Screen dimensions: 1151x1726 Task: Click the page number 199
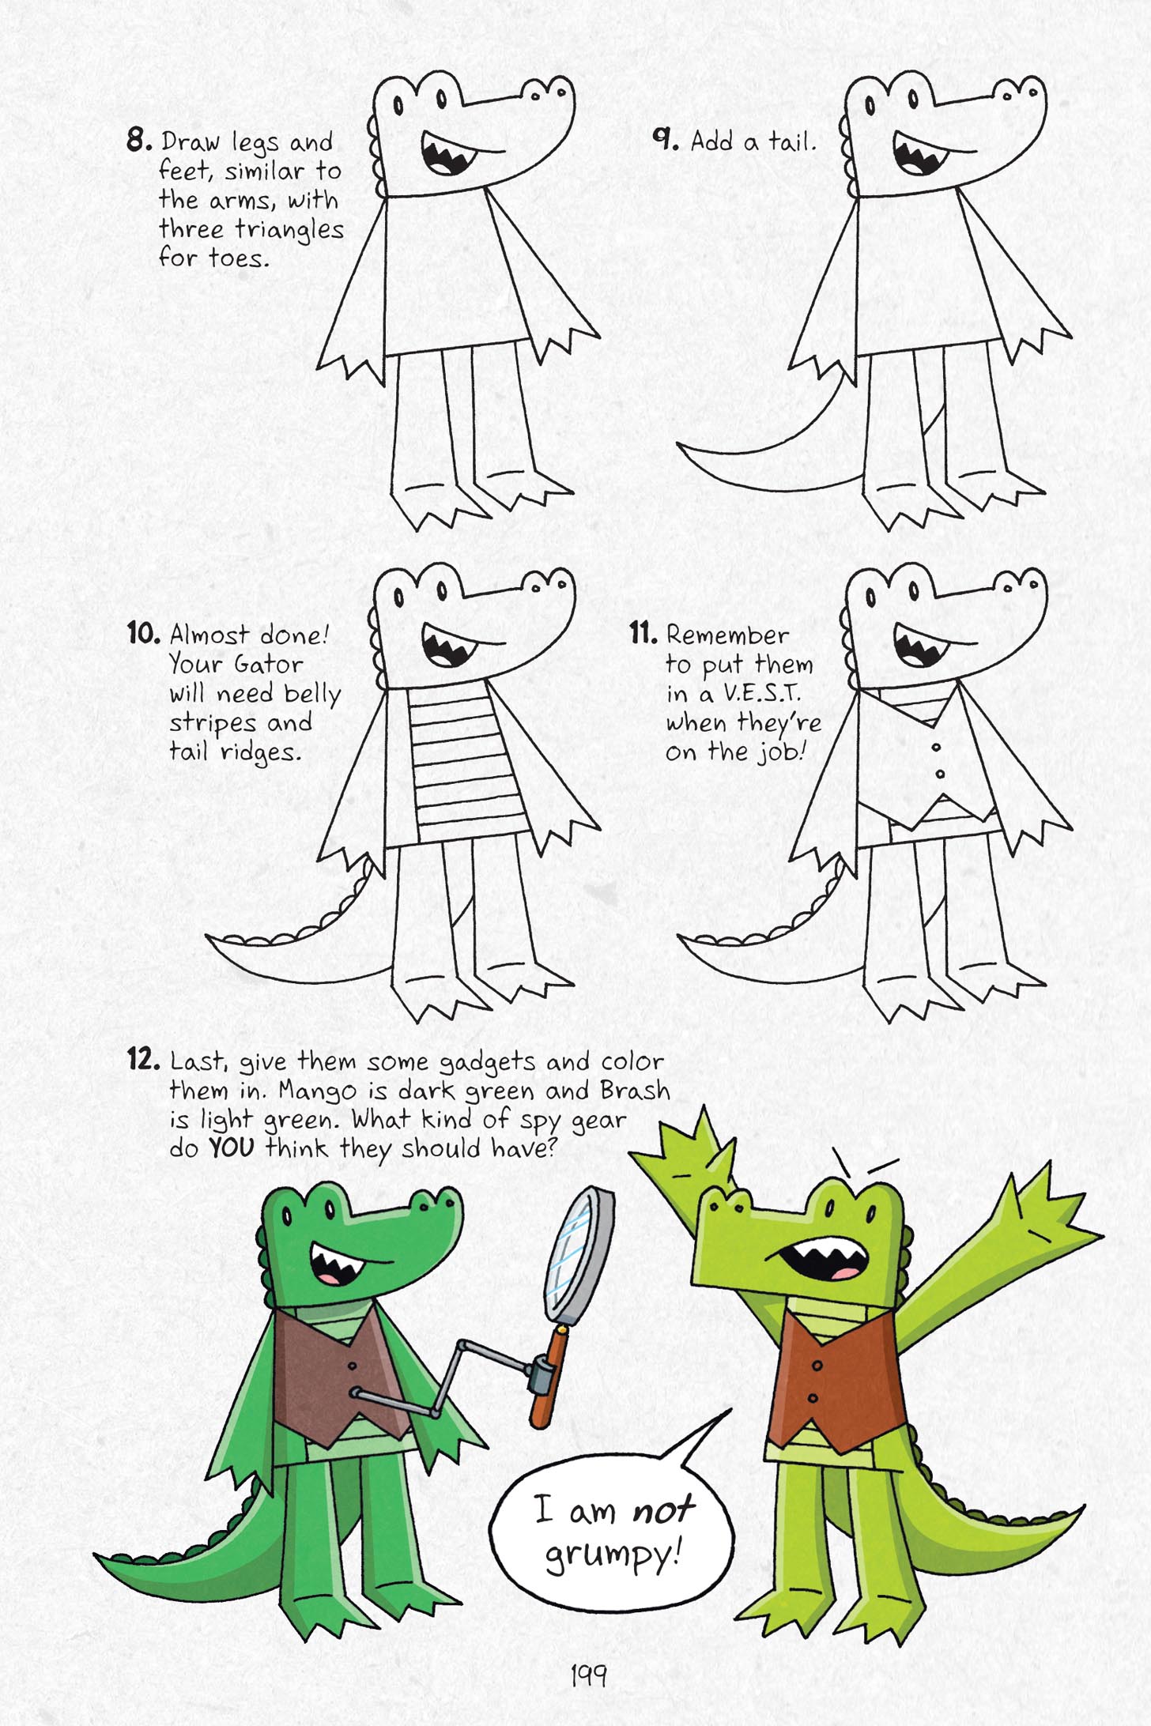coord(588,1674)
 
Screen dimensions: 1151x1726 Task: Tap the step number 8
coord(138,140)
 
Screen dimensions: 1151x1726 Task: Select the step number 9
coord(665,138)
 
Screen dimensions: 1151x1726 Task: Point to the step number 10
coord(143,632)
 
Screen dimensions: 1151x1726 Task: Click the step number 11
coord(643,632)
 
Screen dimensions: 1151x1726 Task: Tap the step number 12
coord(143,1058)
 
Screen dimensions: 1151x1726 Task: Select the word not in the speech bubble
coord(662,1509)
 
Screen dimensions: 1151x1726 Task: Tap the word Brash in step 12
coord(634,1090)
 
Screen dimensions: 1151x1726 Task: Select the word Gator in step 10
coord(269,664)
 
